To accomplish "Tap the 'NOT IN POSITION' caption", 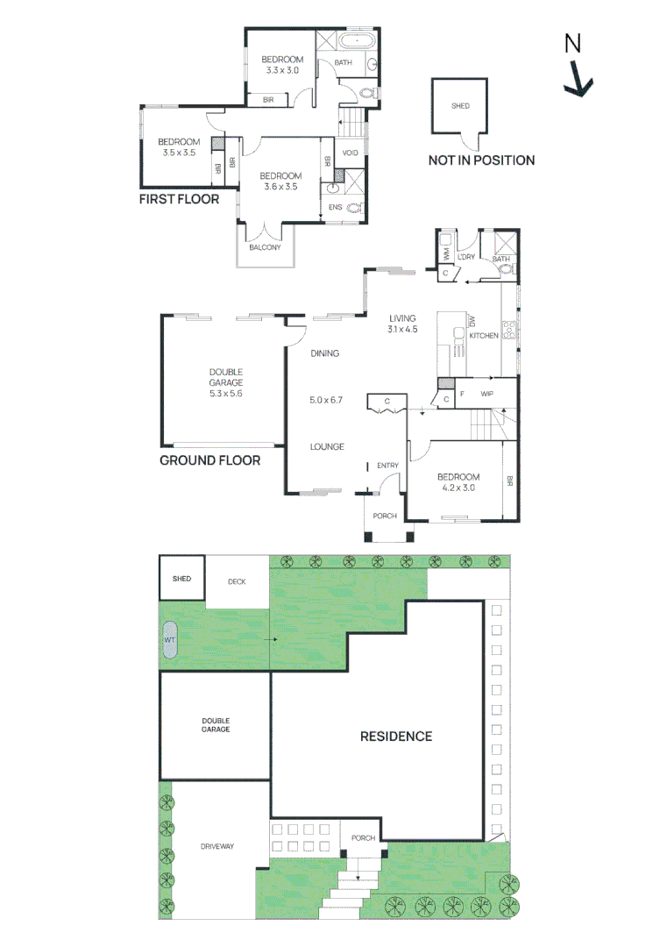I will [x=481, y=160].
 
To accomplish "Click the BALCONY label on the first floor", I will [x=265, y=247].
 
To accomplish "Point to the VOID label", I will [x=351, y=153].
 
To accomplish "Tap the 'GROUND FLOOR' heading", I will [x=209, y=459].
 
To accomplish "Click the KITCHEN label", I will [x=484, y=336].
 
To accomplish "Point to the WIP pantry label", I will [x=487, y=395].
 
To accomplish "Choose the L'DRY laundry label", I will [x=465, y=256].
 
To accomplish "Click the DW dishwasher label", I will [x=472, y=322].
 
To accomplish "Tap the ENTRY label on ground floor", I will [x=387, y=466].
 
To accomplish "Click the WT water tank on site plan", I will [x=170, y=640].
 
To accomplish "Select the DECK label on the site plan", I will [x=238, y=581].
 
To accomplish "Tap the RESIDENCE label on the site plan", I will [x=396, y=737].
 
